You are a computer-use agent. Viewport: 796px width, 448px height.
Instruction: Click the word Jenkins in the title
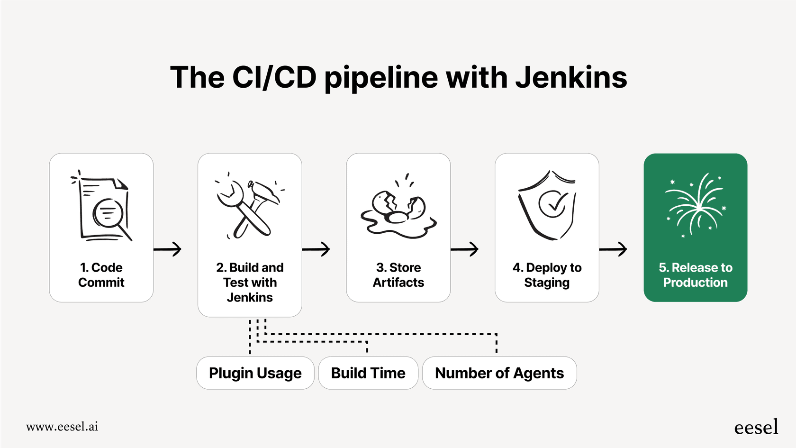pyautogui.click(x=571, y=77)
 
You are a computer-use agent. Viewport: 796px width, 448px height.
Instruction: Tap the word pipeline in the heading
pyautogui.click(x=381, y=78)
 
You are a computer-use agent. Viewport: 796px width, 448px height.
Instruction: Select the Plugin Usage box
pyautogui.click(x=255, y=373)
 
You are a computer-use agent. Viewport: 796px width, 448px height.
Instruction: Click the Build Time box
pyautogui.click(x=368, y=373)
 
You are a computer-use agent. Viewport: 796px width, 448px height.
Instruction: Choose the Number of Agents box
pyautogui.click(x=499, y=373)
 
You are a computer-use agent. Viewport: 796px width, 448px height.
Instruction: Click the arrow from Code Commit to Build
pyautogui.click(x=168, y=249)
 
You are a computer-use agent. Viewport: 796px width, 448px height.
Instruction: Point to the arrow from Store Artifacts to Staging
pyautogui.click(x=464, y=249)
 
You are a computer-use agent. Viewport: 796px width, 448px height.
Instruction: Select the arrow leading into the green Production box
pyautogui.click(x=613, y=249)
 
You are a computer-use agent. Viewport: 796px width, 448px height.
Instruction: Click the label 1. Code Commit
pyautogui.click(x=101, y=275)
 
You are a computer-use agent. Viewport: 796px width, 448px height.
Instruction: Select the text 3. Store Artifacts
pyautogui.click(x=398, y=275)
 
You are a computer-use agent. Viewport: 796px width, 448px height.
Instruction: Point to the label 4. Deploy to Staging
pyautogui.click(x=547, y=275)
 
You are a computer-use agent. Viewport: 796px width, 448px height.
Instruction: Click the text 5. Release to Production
pyautogui.click(x=695, y=275)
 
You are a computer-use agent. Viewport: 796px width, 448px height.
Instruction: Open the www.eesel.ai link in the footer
pyautogui.click(x=62, y=427)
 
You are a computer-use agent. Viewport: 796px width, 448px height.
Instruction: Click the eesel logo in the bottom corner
pyautogui.click(x=756, y=427)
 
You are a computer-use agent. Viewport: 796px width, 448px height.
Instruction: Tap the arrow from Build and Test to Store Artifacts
pyautogui.click(x=316, y=249)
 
